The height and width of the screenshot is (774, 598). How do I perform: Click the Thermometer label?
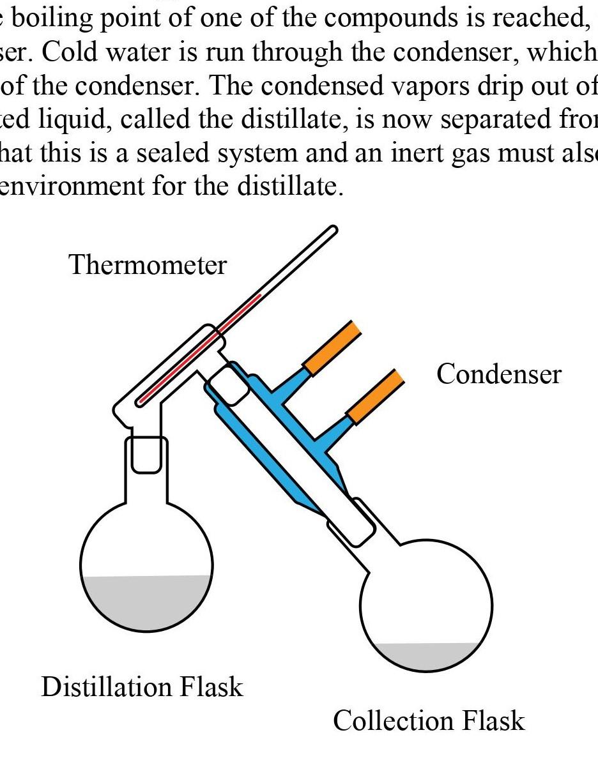tap(148, 265)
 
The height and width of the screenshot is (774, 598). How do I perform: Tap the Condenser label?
tap(498, 374)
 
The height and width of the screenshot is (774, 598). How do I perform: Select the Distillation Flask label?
tap(142, 687)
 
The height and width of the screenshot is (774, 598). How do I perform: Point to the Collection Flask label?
tap(429, 720)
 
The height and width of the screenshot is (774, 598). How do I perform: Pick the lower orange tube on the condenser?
tap(376, 397)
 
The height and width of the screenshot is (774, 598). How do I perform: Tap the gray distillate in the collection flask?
tap(427, 656)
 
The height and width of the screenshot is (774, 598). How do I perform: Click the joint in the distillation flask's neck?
tap(146, 455)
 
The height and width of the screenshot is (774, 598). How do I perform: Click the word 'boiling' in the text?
tap(51, 19)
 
